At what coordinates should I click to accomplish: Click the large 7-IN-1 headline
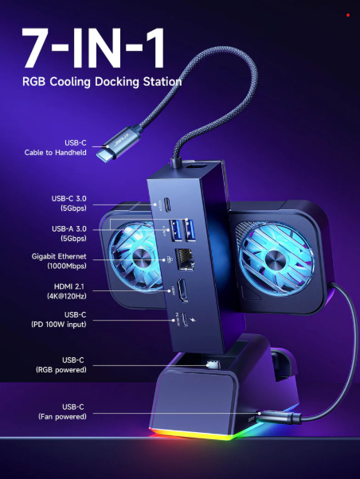point(93,49)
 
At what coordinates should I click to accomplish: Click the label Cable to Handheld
point(56,153)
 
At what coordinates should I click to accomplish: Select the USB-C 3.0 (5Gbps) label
point(68,203)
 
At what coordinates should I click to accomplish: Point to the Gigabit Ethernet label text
point(59,256)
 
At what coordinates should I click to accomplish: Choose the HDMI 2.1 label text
point(68,286)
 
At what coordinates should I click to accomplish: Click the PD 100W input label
point(59,324)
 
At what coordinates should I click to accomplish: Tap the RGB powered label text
point(61,370)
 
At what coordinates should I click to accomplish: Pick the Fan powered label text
point(62,416)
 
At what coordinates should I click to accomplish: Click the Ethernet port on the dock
point(185,259)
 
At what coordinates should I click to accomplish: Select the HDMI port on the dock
point(183,290)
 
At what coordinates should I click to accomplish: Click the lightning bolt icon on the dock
point(193,320)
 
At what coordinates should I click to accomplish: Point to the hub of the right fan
point(276,259)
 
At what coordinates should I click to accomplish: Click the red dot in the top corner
point(348,15)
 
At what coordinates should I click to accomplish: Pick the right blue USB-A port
point(189,230)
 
